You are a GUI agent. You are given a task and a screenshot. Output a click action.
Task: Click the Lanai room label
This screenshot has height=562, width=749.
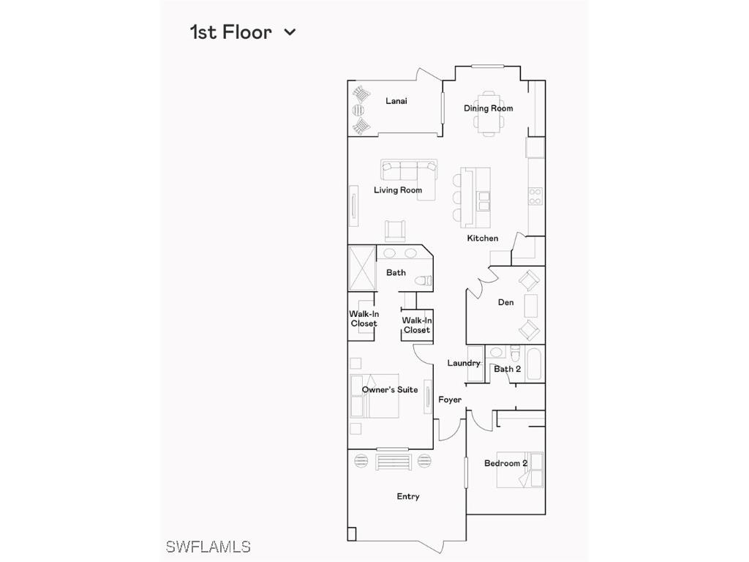396,101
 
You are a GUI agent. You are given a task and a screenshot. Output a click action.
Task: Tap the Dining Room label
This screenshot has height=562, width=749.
488,108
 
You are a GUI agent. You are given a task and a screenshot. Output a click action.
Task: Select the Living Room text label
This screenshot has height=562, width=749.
398,190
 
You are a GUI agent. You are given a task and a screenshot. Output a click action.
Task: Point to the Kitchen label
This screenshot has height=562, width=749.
483,239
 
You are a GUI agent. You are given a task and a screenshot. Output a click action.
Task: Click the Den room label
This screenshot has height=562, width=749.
505,302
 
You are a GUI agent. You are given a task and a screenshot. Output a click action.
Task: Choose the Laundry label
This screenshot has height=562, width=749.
464,364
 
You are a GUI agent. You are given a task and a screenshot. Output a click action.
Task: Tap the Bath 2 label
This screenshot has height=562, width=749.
507,370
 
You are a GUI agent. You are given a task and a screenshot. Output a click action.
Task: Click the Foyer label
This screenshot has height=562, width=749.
450,400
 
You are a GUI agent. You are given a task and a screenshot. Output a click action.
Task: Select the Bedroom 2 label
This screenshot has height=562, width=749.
505,463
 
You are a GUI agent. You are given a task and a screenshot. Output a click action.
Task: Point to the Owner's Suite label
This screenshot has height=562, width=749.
390,390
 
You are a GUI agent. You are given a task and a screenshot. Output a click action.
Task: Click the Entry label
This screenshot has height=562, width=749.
408,497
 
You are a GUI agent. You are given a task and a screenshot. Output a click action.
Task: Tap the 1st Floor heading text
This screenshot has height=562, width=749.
230,32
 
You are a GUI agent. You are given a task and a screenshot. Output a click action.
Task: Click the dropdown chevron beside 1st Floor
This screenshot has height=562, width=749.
290,32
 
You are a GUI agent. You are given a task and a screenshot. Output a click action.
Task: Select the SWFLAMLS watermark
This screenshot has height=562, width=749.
208,547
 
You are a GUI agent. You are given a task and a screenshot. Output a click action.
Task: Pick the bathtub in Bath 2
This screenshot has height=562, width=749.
535,364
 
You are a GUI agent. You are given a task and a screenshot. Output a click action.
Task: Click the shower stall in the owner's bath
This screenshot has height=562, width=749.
362,269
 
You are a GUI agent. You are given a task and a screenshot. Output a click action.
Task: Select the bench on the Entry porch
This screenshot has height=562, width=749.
393,462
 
